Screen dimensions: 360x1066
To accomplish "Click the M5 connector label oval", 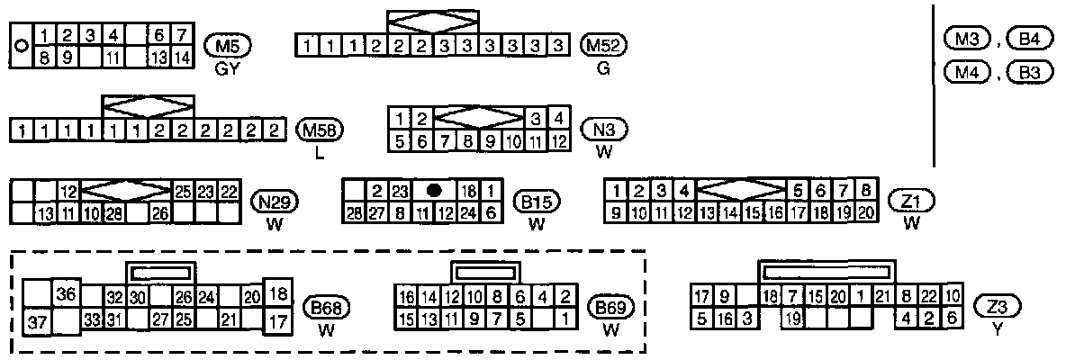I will (x=229, y=45).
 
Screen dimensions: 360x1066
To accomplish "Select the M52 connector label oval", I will (x=604, y=45).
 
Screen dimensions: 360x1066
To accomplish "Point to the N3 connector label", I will (x=604, y=130).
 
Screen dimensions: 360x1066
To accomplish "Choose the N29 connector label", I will (x=276, y=201).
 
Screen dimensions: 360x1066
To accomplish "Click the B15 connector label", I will (x=537, y=201).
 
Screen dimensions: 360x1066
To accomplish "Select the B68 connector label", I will (x=327, y=307).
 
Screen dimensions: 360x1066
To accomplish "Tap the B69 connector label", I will (x=611, y=308).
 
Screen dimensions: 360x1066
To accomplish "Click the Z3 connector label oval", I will (x=997, y=307).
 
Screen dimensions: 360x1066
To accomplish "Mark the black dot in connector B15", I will (x=435, y=191).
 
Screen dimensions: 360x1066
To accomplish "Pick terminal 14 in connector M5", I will (x=182, y=57).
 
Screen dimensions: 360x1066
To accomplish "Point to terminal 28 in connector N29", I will (x=114, y=213).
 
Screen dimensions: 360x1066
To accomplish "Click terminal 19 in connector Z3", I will (x=792, y=318).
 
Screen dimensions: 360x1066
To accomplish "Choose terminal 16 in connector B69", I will (x=406, y=297).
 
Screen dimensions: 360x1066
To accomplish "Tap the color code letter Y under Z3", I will (x=997, y=330).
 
